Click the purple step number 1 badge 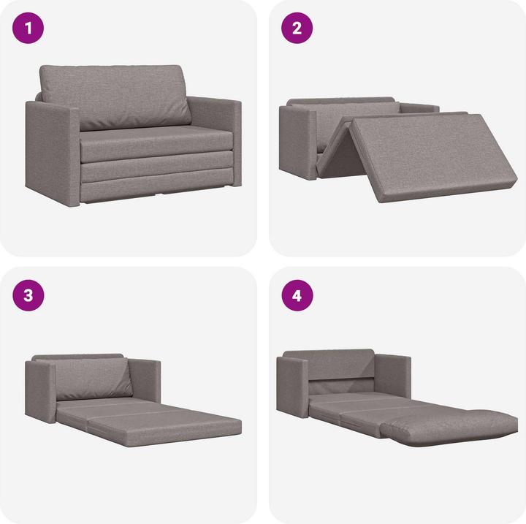pyautogui.click(x=29, y=29)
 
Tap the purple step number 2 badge pyautogui.click(x=297, y=29)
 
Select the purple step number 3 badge pyautogui.click(x=29, y=296)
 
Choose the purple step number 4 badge pyautogui.click(x=297, y=296)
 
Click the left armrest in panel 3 pyautogui.click(x=40, y=391)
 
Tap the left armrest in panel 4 pyautogui.click(x=292, y=387)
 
